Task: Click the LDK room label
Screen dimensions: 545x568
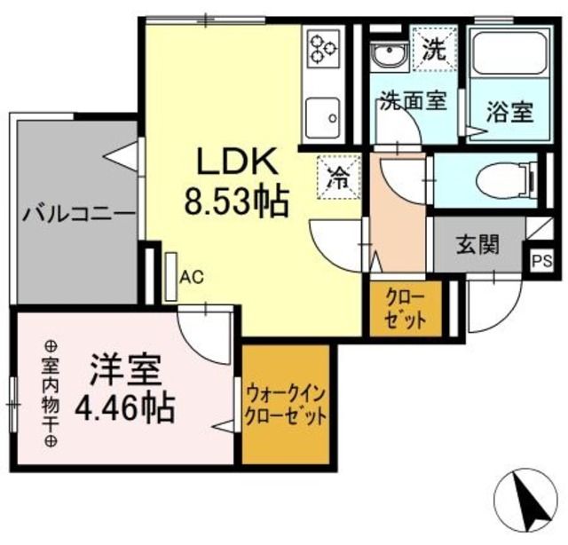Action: [x=237, y=164]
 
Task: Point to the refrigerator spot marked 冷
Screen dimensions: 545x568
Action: [x=339, y=175]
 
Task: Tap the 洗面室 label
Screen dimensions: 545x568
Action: [x=413, y=100]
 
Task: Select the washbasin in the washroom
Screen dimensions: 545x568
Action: [x=388, y=57]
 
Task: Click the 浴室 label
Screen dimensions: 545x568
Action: [x=510, y=113]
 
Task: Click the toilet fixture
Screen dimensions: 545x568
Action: [x=506, y=181]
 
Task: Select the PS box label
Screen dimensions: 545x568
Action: [x=540, y=261]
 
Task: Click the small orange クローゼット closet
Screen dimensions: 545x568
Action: [x=405, y=308]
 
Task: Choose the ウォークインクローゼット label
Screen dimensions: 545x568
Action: [x=287, y=405]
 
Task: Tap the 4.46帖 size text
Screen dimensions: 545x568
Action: [x=125, y=409]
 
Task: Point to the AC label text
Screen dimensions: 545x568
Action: [x=192, y=277]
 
